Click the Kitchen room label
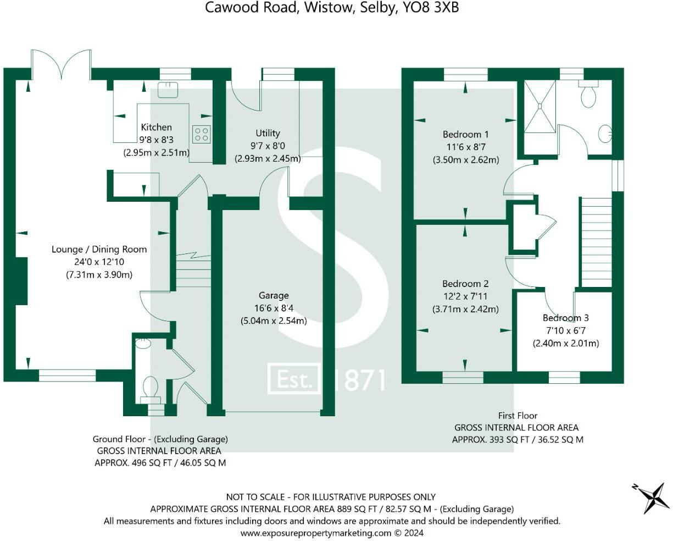(x=156, y=127)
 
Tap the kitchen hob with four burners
(x=201, y=134)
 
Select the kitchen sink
(x=168, y=90)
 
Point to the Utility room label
(x=268, y=133)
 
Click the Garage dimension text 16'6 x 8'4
(x=274, y=308)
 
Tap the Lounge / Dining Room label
(x=99, y=249)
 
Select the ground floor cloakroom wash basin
(x=143, y=343)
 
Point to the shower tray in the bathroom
(x=540, y=107)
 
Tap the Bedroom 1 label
(x=465, y=134)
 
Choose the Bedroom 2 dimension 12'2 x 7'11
(x=465, y=296)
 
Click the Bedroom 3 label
(x=566, y=318)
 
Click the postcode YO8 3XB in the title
(x=431, y=8)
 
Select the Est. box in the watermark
(x=294, y=378)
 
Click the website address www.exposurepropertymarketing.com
(x=316, y=533)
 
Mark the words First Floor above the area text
(x=518, y=416)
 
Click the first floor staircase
(x=596, y=242)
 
